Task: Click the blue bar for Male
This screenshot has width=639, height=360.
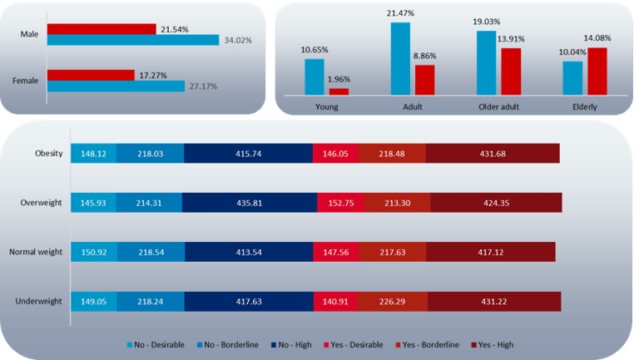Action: (x=132, y=39)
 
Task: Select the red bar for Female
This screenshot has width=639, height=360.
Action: (x=91, y=75)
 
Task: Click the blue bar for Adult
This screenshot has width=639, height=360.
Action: (x=400, y=58)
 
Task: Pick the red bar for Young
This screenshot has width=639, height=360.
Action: (x=339, y=91)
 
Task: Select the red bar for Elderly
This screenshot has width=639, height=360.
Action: (x=597, y=71)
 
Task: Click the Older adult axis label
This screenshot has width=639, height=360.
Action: (x=499, y=107)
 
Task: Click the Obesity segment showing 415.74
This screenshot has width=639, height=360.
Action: (x=248, y=153)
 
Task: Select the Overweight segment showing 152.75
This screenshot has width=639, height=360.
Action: (x=339, y=203)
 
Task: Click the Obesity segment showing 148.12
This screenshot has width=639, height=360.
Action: (x=94, y=153)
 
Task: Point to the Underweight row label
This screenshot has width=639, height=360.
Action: (x=37, y=303)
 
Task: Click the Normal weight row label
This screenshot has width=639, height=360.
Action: (x=33, y=253)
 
